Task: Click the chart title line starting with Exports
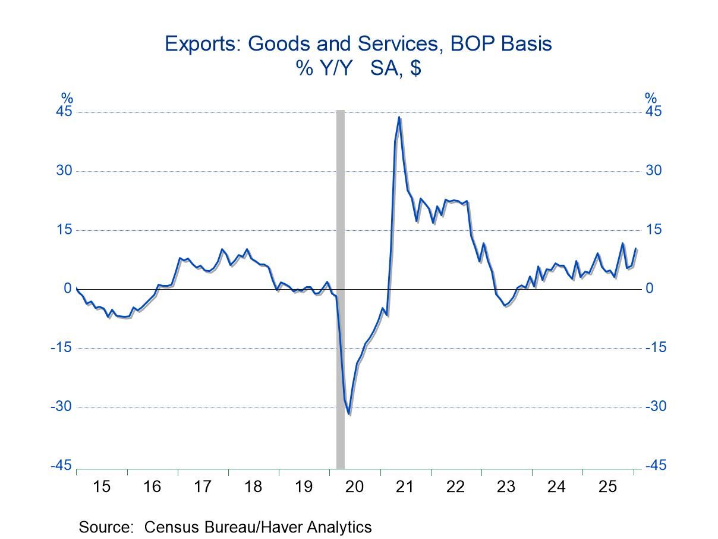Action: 358,43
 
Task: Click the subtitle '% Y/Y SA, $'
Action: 359,68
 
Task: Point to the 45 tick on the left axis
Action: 64,112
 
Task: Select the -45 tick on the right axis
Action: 655,466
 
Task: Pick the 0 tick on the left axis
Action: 68,289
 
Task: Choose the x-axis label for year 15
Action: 102,487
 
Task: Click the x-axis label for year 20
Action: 354,487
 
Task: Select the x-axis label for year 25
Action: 607,487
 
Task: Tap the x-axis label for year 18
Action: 253,487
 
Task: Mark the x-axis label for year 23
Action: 506,487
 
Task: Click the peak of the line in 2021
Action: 399,117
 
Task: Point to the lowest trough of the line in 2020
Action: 349,414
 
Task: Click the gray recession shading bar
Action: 341,286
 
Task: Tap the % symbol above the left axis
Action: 67,98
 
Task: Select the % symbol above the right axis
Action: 651,98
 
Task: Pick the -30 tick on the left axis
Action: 62,406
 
